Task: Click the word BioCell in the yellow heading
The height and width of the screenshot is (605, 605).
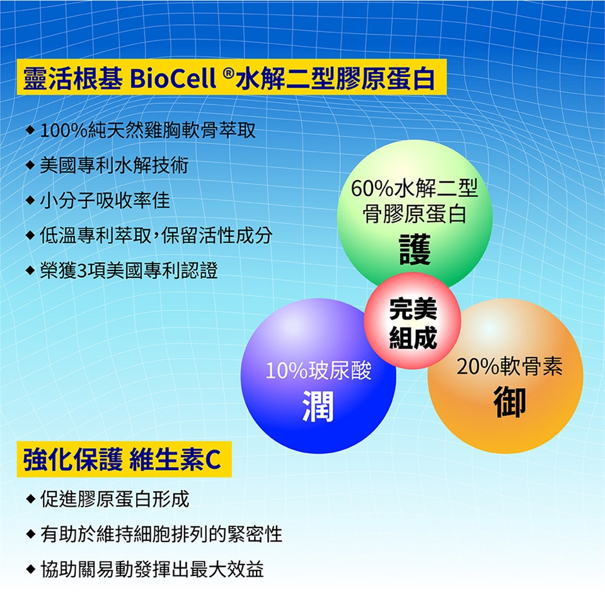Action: click(173, 78)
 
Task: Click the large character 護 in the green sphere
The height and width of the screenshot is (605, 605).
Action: click(415, 249)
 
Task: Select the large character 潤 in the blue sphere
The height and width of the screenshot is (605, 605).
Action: click(318, 405)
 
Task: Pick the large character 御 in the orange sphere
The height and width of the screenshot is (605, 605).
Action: click(510, 401)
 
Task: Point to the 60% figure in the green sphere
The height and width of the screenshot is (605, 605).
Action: click(372, 188)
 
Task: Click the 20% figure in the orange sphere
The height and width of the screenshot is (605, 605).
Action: click(478, 367)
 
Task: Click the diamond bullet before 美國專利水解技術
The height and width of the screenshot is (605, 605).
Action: click(30, 166)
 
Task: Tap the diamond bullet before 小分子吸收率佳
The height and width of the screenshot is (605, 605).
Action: click(30, 200)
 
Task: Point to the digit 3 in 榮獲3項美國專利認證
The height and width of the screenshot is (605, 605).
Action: click(83, 270)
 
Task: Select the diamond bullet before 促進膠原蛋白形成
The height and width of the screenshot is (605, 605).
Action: click(30, 499)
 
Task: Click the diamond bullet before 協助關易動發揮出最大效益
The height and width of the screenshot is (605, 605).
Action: click(30, 569)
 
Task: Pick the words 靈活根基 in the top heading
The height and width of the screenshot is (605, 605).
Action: click(73, 78)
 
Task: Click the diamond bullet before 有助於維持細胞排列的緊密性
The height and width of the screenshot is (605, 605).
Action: click(30, 534)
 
